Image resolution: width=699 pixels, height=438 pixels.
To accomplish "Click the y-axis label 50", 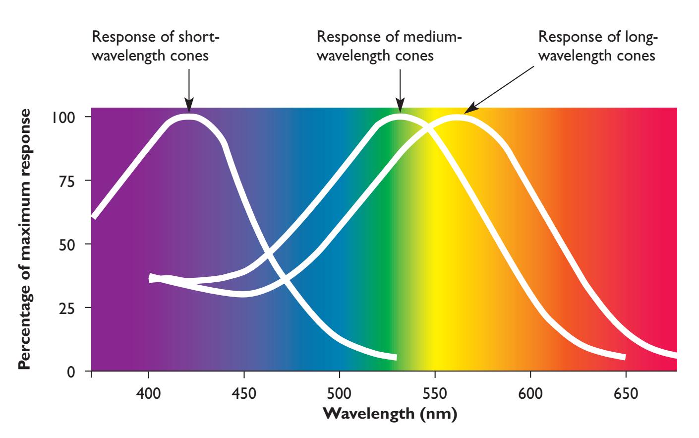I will (67, 244).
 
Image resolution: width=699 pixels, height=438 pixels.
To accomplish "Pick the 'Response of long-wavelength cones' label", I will (597, 46).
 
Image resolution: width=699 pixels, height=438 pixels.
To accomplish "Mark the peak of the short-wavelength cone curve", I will (188, 117).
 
